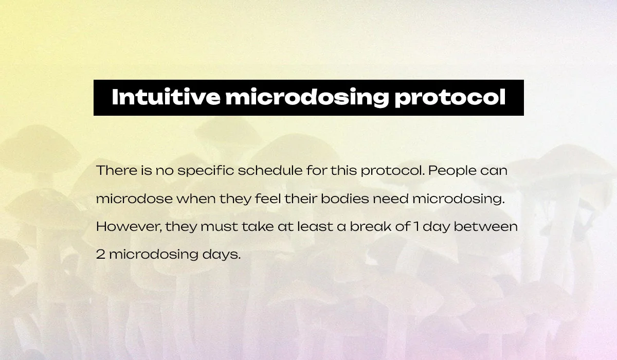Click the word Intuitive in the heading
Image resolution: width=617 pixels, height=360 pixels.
(166, 97)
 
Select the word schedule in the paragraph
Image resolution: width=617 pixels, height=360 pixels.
(270, 171)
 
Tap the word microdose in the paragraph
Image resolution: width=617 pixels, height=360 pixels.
(134, 199)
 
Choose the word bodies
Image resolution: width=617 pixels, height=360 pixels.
(345, 199)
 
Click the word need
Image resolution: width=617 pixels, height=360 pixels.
(391, 199)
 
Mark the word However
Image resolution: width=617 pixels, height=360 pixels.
(129, 227)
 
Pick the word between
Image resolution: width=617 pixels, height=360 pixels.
(485, 226)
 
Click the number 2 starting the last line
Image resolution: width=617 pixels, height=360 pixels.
(101, 255)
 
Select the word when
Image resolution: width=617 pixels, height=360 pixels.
(196, 199)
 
